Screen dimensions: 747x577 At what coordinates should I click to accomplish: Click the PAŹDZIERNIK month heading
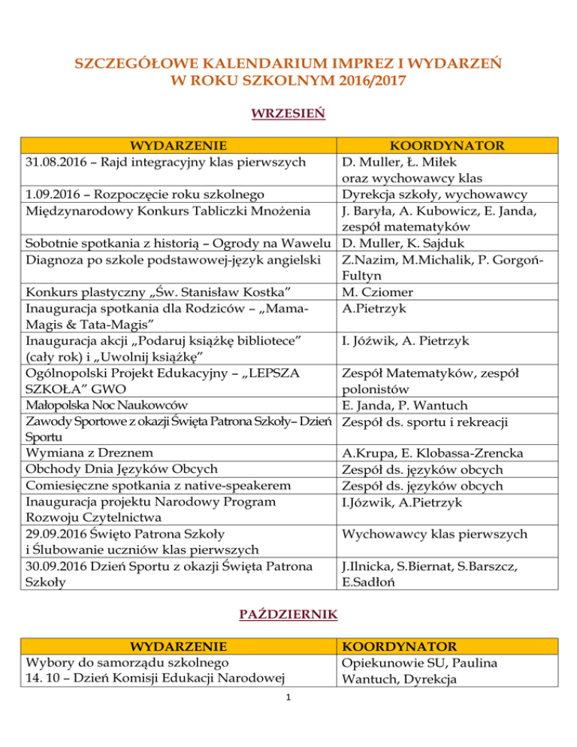(288, 615)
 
